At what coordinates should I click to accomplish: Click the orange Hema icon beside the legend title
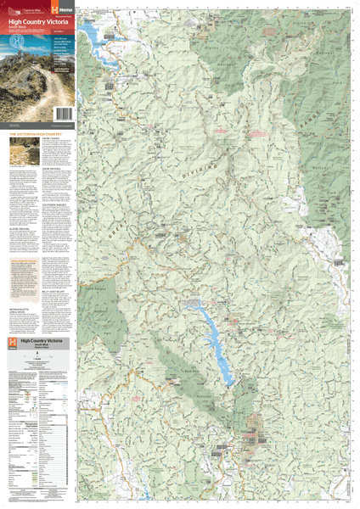(x=11, y=342)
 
